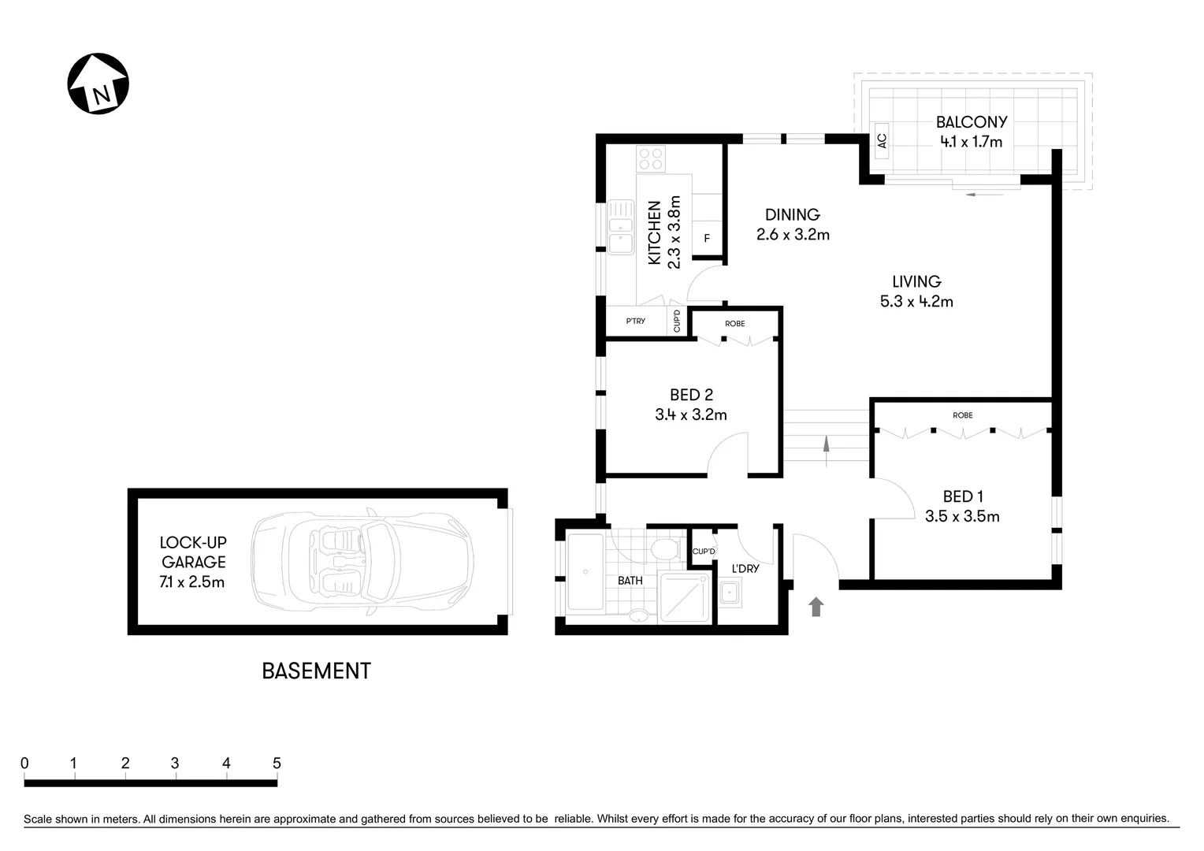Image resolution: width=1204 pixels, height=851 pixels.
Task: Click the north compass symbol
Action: click(x=98, y=84)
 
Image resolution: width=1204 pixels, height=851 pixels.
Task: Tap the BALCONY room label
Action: click(x=971, y=122)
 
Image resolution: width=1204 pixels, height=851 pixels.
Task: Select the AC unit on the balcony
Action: click(x=881, y=141)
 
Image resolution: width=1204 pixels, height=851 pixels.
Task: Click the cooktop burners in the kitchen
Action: click(x=651, y=159)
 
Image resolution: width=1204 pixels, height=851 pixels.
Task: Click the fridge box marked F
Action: click(x=707, y=238)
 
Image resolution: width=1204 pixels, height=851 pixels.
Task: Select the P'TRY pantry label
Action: click(x=635, y=321)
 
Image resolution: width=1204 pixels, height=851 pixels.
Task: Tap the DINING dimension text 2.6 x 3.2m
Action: click(x=793, y=235)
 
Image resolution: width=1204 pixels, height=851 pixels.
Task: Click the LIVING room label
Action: click(x=916, y=281)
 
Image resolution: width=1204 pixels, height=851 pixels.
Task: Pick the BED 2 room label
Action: click(x=691, y=395)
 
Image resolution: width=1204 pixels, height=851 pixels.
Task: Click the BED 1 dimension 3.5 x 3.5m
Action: click(x=962, y=517)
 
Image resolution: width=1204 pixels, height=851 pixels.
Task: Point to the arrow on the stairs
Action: click(x=826, y=446)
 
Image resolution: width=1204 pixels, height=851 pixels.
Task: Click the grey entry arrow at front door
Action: click(x=816, y=606)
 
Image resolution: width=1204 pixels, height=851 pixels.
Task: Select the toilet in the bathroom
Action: click(x=666, y=548)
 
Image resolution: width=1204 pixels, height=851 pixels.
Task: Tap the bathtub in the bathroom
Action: click(x=585, y=573)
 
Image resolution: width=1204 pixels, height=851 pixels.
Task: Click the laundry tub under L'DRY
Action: click(x=730, y=592)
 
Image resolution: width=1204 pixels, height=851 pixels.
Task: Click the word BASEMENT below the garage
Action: click(x=316, y=671)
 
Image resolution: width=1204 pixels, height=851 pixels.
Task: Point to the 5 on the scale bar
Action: click(x=277, y=763)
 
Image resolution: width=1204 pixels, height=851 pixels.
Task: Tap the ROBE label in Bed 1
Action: click(x=962, y=415)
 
